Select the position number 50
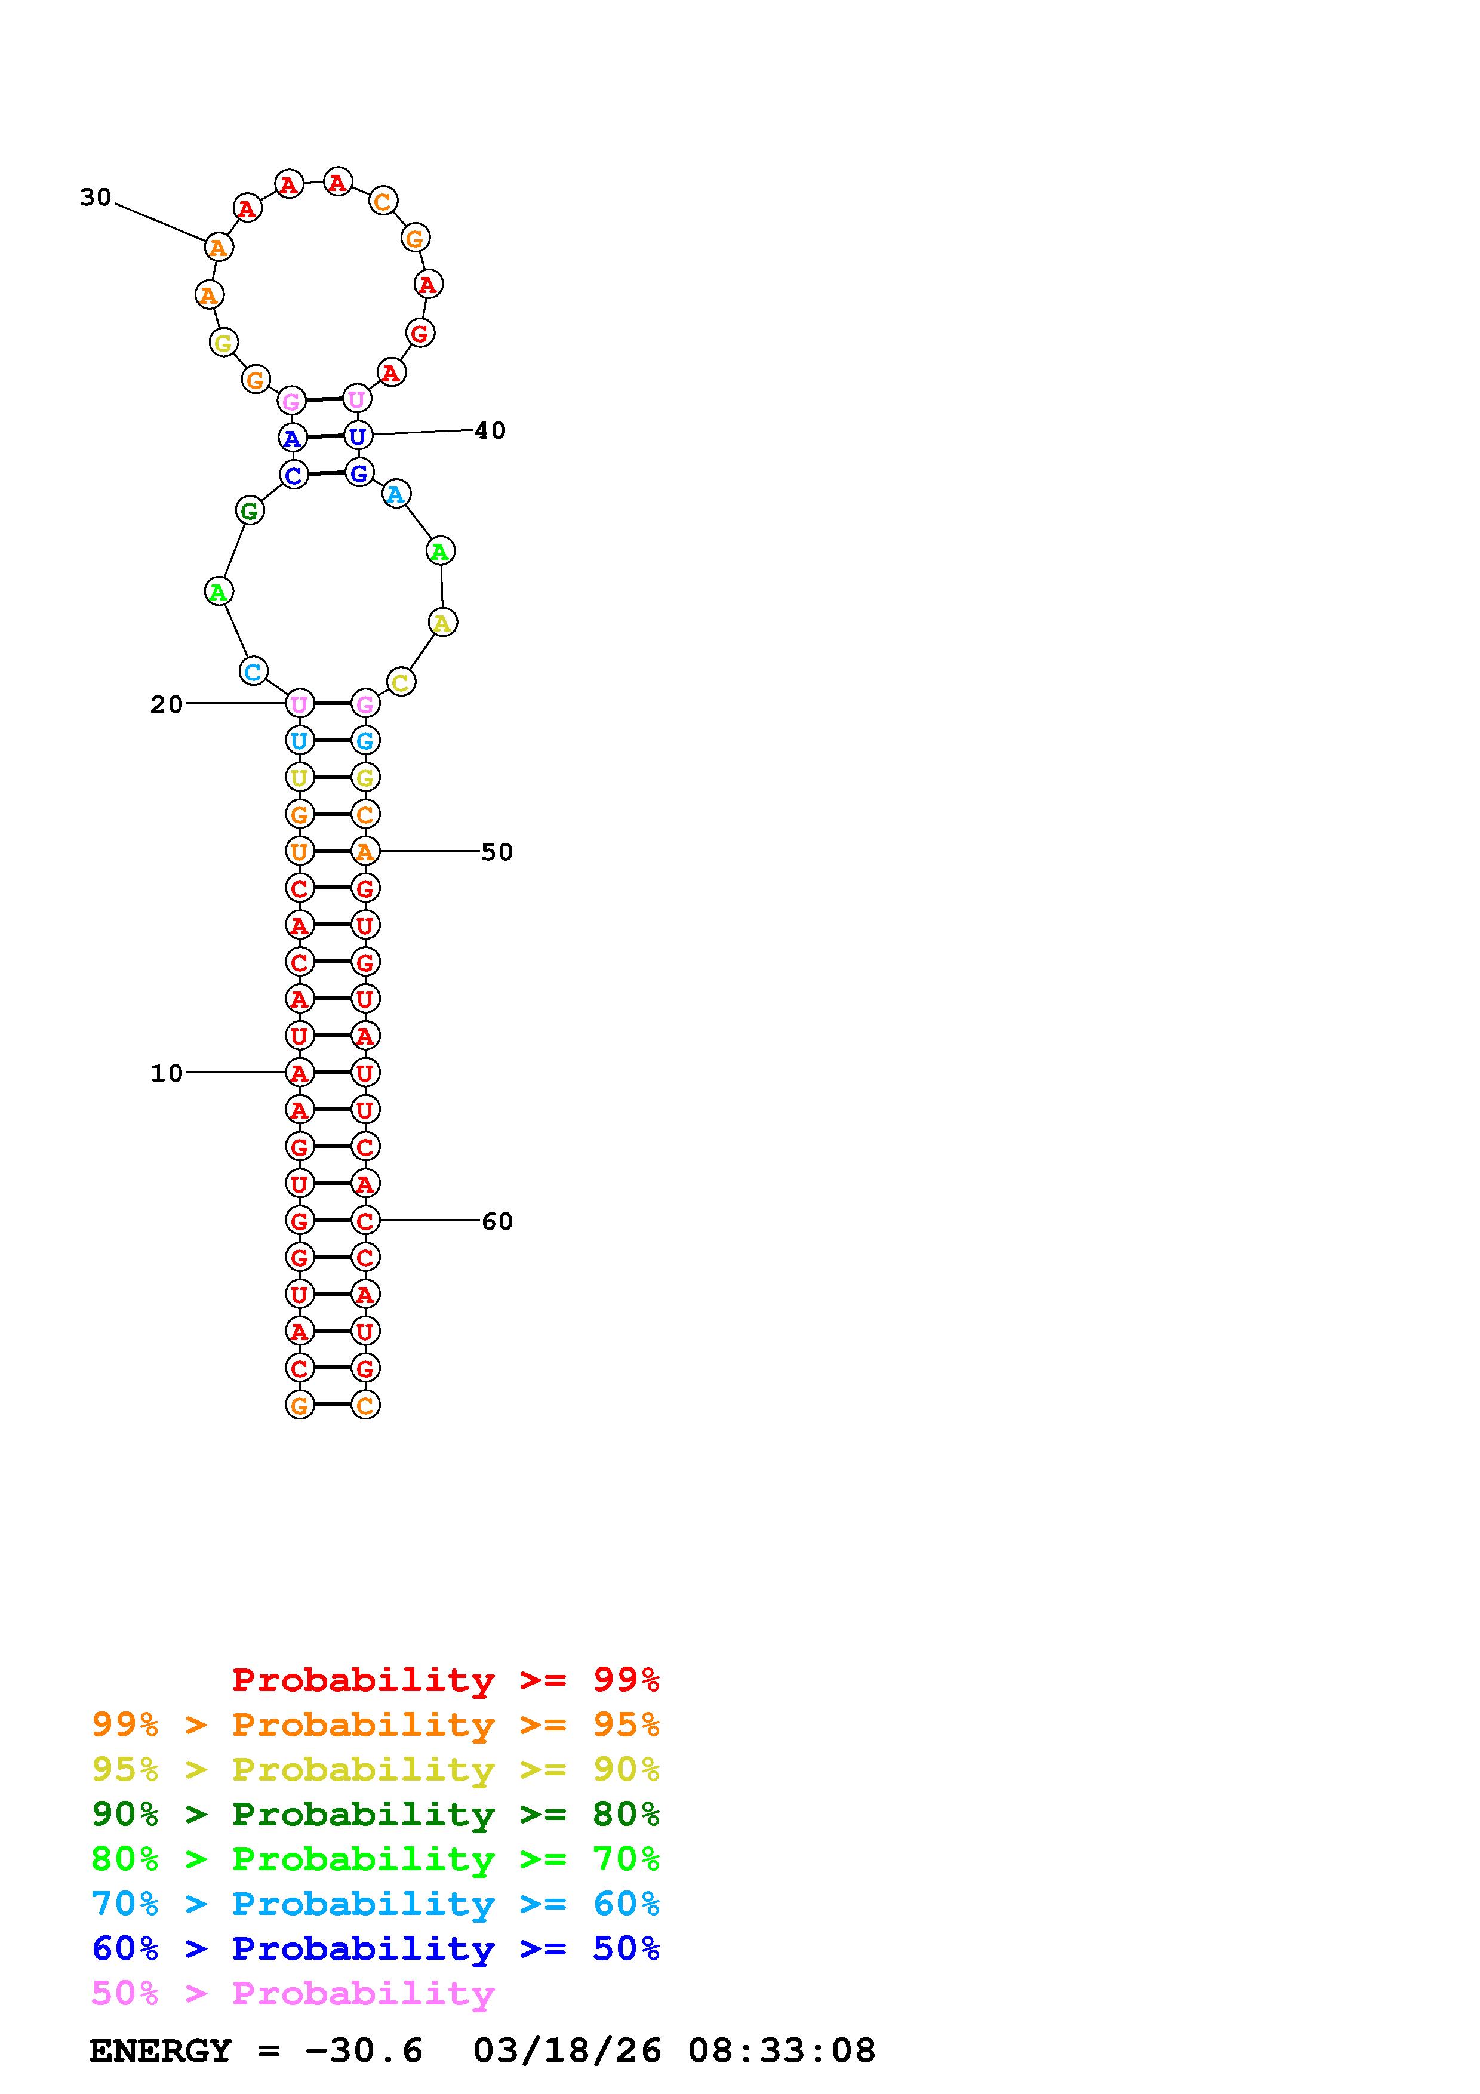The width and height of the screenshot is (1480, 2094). pos(497,852)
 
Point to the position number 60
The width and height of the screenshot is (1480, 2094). pos(497,1221)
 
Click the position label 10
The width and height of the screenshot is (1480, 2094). pos(167,1073)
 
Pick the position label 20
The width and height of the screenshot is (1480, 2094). pos(167,704)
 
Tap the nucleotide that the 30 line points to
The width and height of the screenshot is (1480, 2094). pos(218,247)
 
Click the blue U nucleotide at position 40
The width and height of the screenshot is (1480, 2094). pos(358,436)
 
